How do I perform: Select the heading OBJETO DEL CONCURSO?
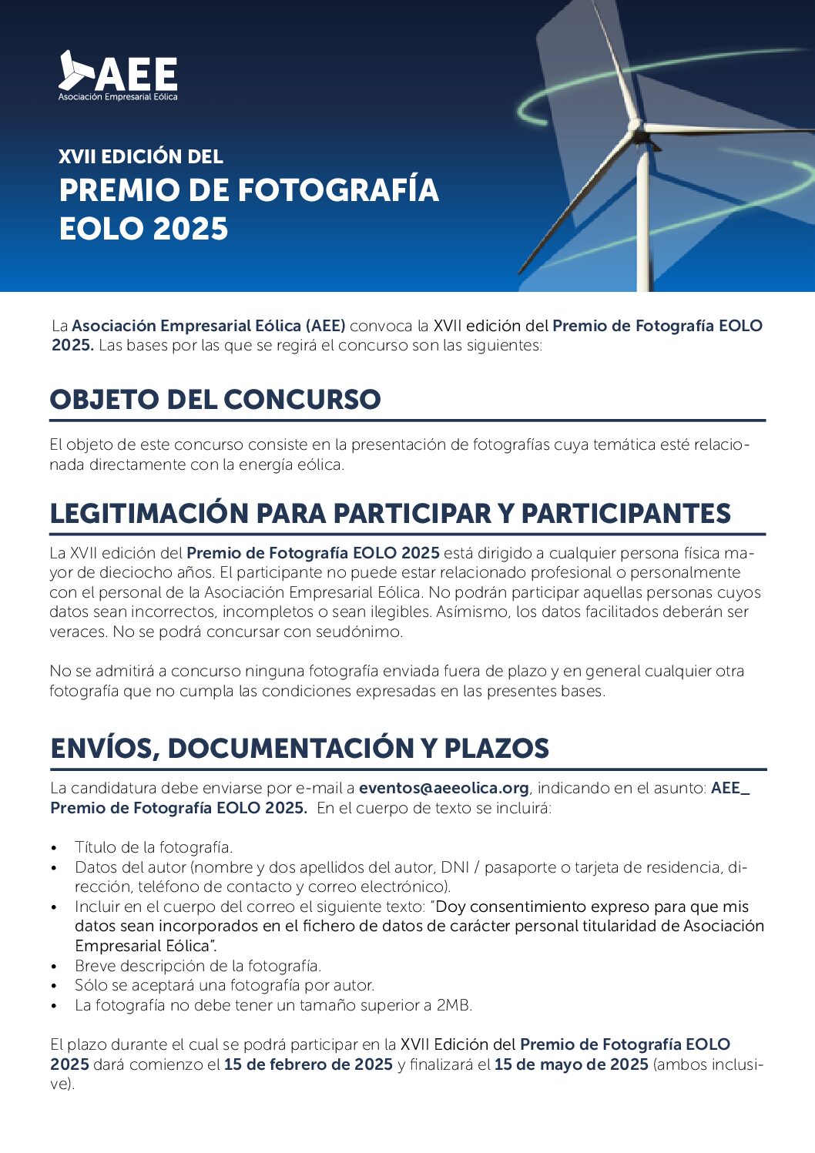point(215,400)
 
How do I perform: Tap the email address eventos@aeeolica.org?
point(444,788)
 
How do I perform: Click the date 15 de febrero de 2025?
point(308,1064)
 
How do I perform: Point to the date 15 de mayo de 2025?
point(571,1064)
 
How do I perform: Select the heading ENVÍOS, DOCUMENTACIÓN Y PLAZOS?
point(300,749)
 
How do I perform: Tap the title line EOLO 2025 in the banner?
point(144,229)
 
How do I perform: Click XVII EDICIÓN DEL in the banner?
point(141,156)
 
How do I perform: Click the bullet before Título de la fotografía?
point(54,848)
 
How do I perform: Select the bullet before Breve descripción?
point(54,967)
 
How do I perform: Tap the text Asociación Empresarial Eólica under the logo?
point(118,97)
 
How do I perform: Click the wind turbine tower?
point(643,223)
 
